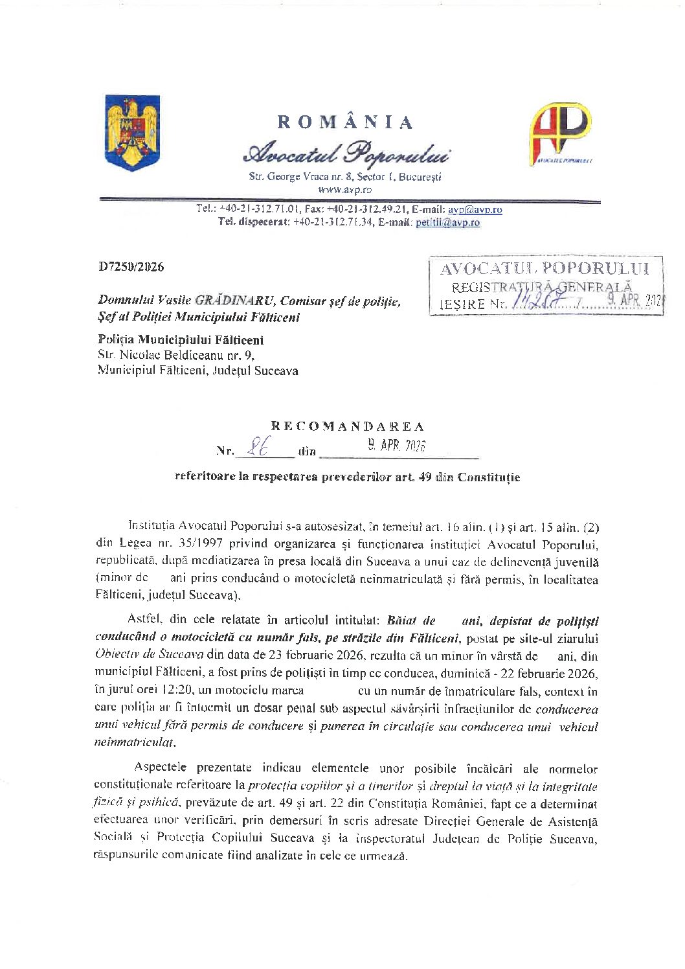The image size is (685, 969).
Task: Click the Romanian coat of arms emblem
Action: tap(132, 133)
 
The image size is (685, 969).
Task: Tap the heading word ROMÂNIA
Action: tap(345, 122)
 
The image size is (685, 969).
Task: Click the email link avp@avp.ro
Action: tap(475, 210)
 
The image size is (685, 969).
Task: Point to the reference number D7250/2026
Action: tap(131, 267)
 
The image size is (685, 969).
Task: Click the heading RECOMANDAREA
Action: tap(347, 426)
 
